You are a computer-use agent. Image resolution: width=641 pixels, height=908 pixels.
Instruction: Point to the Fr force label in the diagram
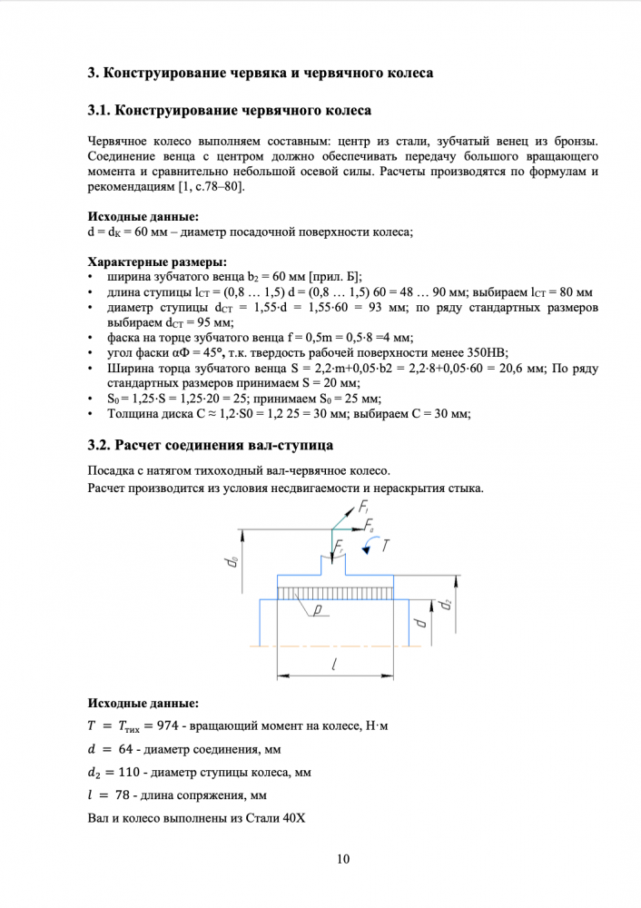click(x=340, y=548)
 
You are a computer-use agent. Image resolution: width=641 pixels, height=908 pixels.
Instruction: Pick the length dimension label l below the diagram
click(x=335, y=666)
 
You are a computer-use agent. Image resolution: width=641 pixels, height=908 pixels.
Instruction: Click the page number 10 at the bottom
click(x=342, y=859)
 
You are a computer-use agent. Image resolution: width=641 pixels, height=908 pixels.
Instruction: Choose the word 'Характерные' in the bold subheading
click(x=124, y=263)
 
